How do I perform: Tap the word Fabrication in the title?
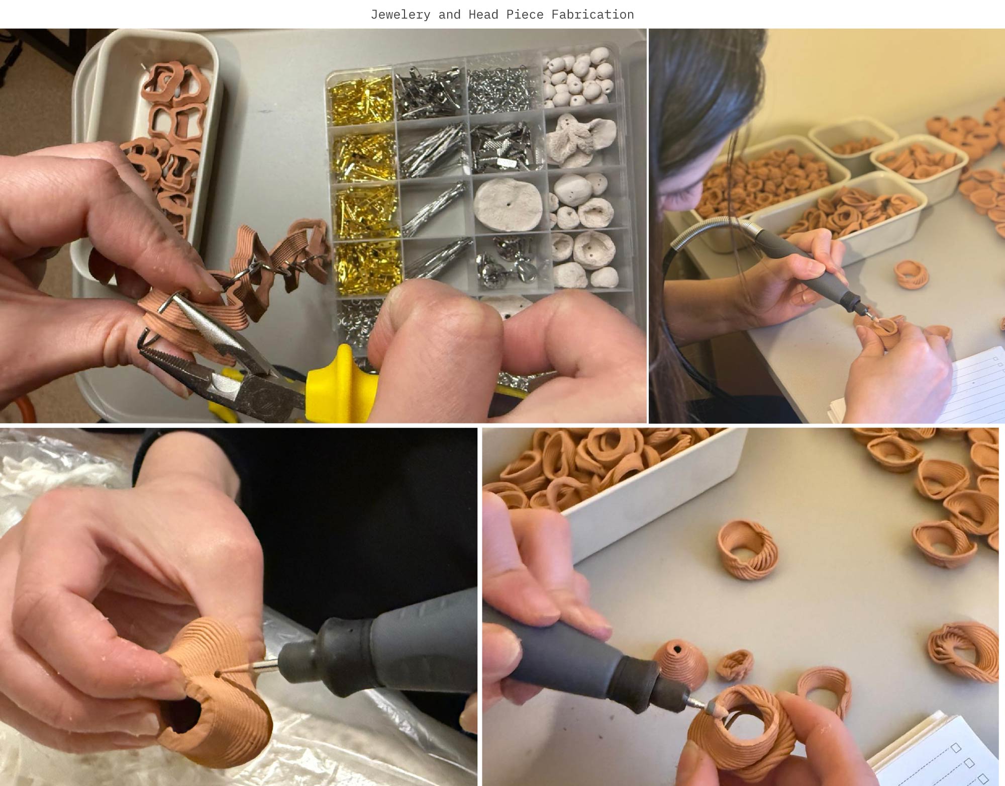(592, 15)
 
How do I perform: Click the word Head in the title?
(483, 15)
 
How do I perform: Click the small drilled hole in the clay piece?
(217, 673)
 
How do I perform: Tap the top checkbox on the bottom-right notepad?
(956, 748)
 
